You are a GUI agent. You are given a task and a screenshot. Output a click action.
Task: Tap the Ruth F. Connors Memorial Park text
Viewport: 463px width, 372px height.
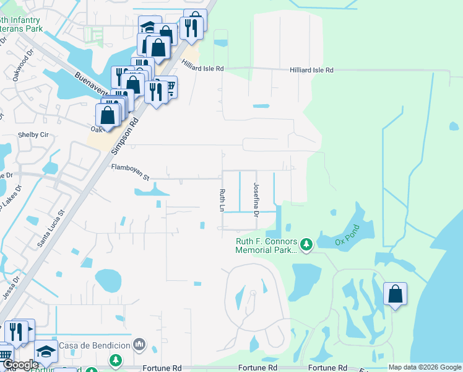click(266, 246)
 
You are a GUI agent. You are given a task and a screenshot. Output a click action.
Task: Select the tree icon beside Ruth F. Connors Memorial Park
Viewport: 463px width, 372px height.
click(306, 246)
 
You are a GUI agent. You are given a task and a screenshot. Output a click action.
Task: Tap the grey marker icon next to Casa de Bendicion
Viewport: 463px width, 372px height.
click(140, 344)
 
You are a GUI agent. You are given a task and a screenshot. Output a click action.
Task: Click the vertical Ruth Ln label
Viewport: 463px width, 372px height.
click(220, 200)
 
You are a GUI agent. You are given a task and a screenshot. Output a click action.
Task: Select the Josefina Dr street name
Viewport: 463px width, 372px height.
click(255, 200)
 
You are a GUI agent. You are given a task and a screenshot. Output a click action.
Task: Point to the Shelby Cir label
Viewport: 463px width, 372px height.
click(35, 135)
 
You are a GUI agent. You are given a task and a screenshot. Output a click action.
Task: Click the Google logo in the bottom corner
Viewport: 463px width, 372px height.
click(20, 365)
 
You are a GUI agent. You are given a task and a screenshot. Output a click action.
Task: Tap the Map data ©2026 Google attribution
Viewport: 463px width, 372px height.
click(424, 367)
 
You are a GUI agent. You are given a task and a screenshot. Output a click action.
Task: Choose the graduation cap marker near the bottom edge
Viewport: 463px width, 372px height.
click(46, 351)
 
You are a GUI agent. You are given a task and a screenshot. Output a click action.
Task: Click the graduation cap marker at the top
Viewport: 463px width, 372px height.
click(149, 27)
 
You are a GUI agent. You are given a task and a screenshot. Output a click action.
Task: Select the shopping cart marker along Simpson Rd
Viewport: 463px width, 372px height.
click(168, 87)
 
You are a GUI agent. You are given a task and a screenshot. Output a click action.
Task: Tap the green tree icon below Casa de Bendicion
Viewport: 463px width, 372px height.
click(115, 360)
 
